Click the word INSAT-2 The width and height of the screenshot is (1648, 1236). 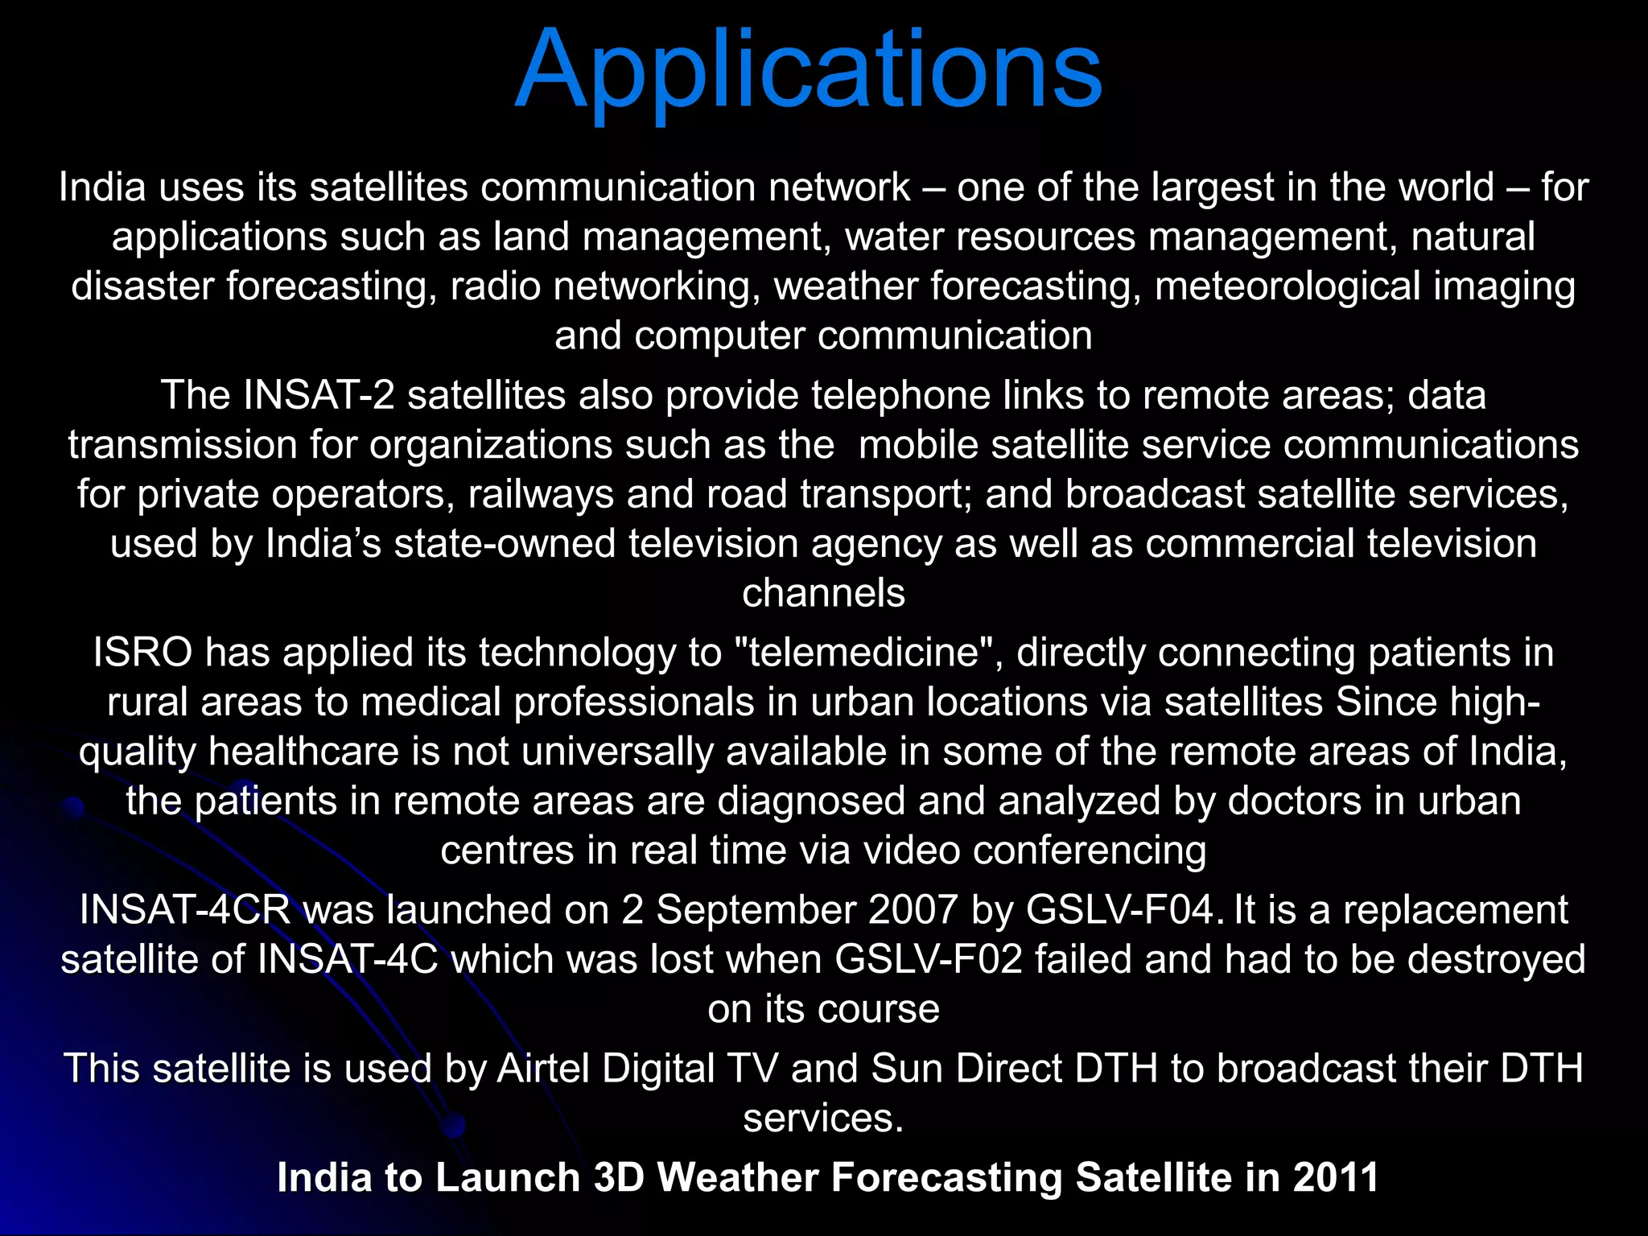click(319, 396)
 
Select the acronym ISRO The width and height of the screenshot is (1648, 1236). click(142, 653)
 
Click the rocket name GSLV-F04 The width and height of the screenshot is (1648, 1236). click(1120, 910)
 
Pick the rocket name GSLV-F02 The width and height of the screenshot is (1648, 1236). click(929, 960)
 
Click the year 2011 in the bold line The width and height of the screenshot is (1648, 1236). click(1337, 1178)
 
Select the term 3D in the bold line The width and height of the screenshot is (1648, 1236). click(619, 1178)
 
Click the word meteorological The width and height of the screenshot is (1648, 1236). click(1287, 287)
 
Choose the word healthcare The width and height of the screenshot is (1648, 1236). click(304, 752)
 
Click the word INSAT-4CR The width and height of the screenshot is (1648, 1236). click(184, 910)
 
